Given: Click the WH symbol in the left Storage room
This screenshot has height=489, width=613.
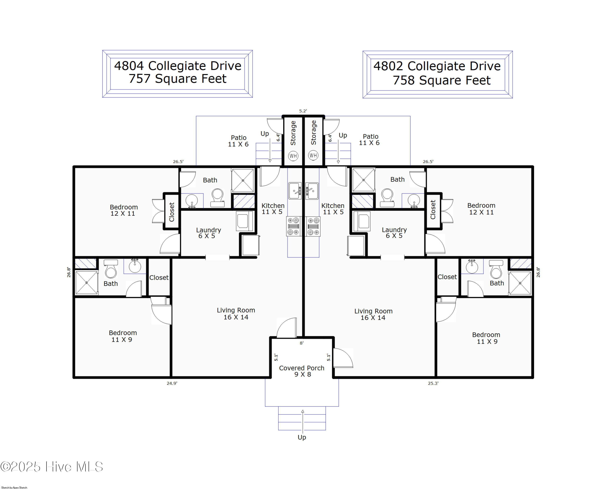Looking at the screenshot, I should (293, 156).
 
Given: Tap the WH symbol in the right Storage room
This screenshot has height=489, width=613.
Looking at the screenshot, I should (313, 156).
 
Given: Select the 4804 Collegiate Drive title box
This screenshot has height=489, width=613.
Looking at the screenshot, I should (177, 74).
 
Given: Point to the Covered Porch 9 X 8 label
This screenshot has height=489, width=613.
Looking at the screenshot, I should (302, 371).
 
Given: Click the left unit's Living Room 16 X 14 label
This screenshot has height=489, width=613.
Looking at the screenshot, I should (236, 314).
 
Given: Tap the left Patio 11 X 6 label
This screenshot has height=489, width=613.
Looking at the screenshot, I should (238, 141).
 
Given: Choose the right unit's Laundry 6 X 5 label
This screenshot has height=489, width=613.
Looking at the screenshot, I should (394, 233).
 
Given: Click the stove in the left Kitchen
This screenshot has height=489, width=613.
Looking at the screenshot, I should (293, 226).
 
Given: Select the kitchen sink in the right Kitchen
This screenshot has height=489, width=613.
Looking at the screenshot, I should (312, 191).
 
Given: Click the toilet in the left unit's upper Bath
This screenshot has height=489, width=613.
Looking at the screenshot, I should (217, 197).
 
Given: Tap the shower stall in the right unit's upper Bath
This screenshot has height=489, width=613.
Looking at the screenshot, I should (363, 180).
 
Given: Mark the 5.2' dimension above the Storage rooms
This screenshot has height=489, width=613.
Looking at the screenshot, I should (303, 111).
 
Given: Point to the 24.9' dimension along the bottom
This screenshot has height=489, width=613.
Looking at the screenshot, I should (172, 383).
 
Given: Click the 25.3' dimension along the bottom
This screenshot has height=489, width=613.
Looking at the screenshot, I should (433, 383).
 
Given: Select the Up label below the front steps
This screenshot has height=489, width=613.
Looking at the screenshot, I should (302, 437).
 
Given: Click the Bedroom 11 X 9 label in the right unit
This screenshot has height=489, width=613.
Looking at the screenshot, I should (486, 338).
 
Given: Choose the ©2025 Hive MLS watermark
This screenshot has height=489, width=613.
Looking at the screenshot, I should (52, 467).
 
